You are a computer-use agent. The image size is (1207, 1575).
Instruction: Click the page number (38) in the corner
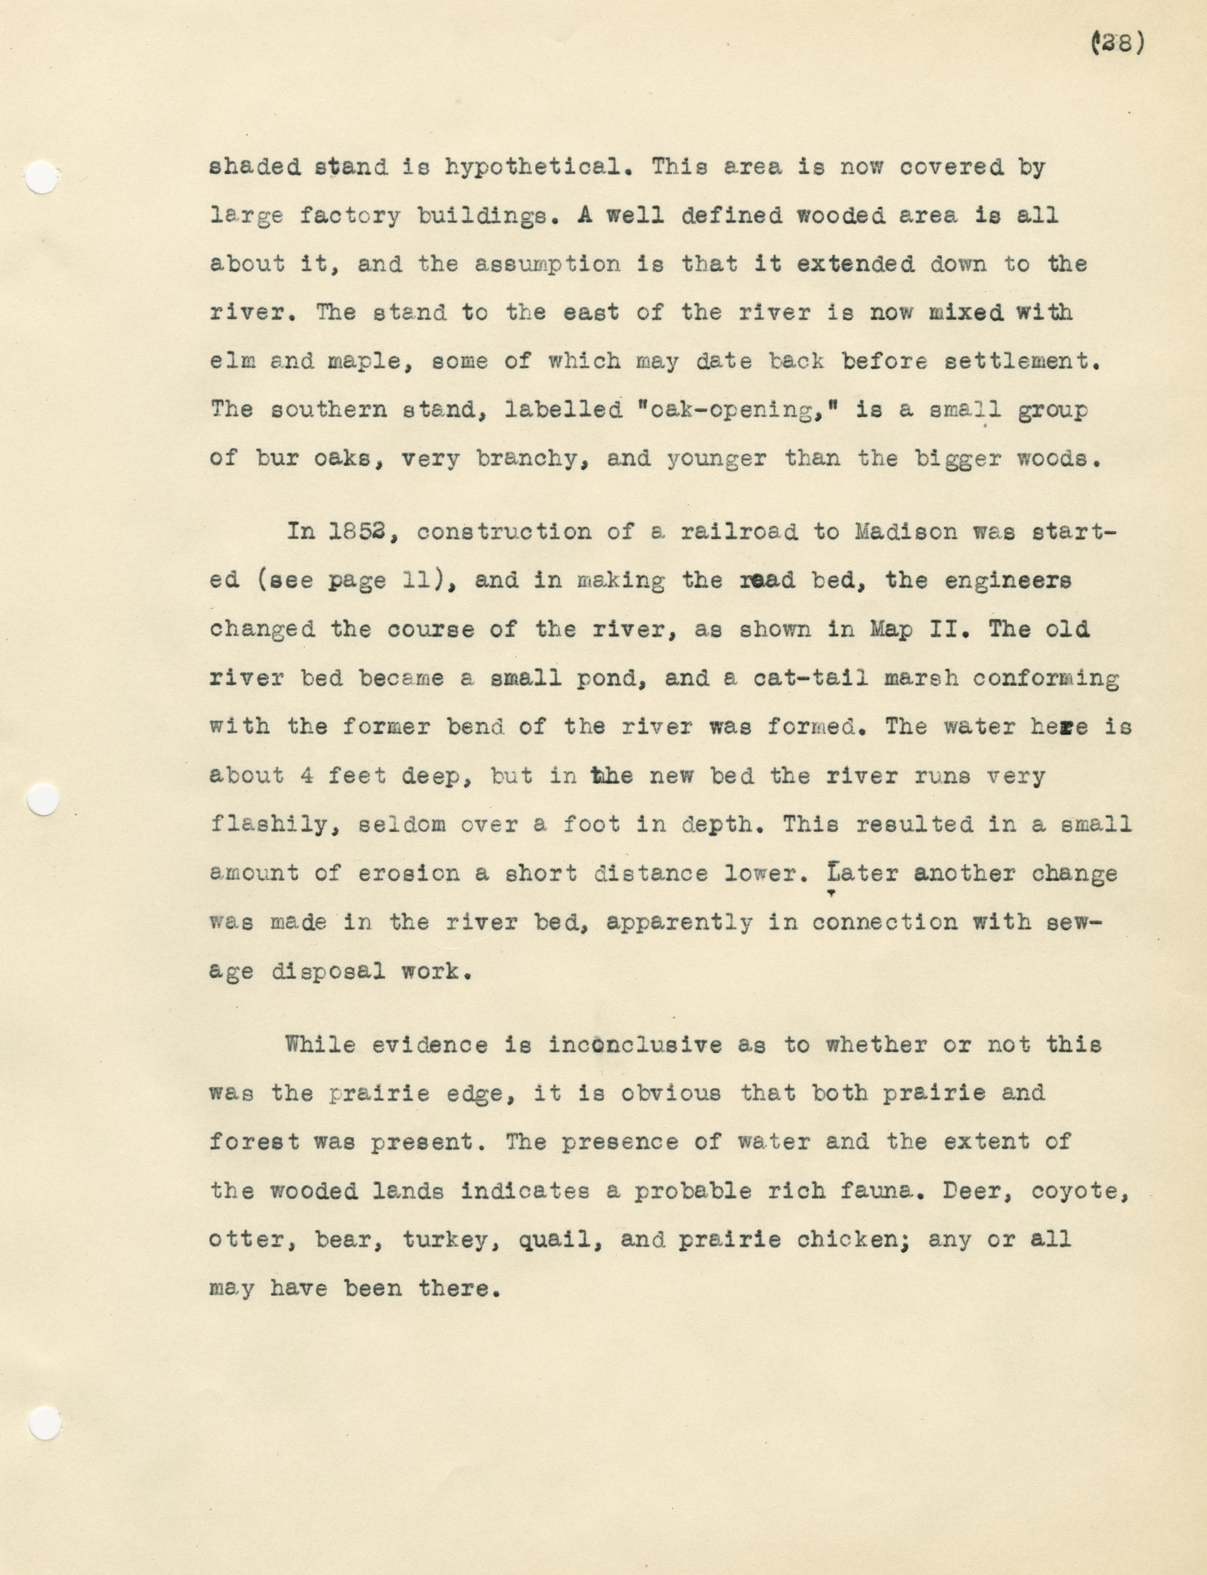[1117, 44]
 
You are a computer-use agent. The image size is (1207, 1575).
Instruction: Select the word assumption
[548, 265]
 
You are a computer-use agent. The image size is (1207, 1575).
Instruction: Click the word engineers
[1007, 580]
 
